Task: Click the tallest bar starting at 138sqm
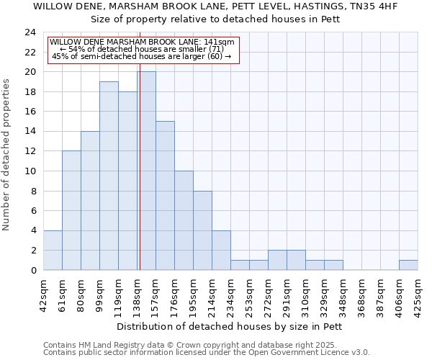tap(146, 171)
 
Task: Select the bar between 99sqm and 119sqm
tap(109, 176)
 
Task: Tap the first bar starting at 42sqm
tap(53, 250)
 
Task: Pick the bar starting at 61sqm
tap(71, 210)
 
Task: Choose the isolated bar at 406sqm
tap(408, 265)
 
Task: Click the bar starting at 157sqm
tap(165, 195)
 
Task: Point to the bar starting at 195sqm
tap(202, 230)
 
